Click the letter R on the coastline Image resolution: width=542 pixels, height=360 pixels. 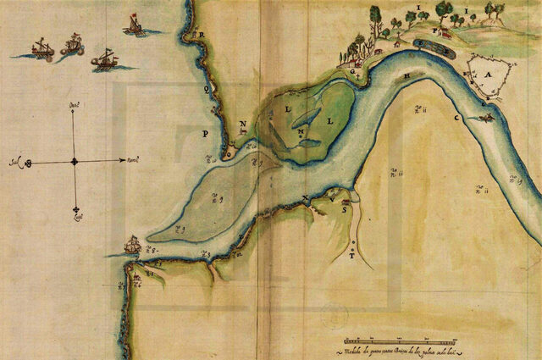tap(202, 35)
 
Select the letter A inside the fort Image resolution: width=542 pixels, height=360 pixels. tap(487, 75)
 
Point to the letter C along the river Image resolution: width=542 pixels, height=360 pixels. tap(456, 117)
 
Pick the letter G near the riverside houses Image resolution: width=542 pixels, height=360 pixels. tap(353, 72)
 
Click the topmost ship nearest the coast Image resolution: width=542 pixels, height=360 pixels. tap(134, 25)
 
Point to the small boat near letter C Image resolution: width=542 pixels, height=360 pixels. tap(485, 118)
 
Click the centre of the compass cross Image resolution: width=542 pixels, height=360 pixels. tap(75, 160)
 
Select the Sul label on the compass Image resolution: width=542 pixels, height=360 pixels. tap(16, 159)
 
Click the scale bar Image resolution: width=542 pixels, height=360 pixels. tap(390, 340)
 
